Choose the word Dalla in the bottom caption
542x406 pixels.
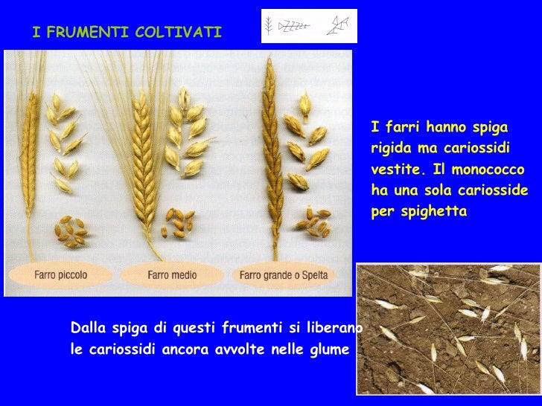coord(86,328)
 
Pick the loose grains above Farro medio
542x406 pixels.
coord(179,222)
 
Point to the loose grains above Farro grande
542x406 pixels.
coord(313,219)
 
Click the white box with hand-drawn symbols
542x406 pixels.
coord(309,27)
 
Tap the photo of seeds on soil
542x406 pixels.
coord(448,329)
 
